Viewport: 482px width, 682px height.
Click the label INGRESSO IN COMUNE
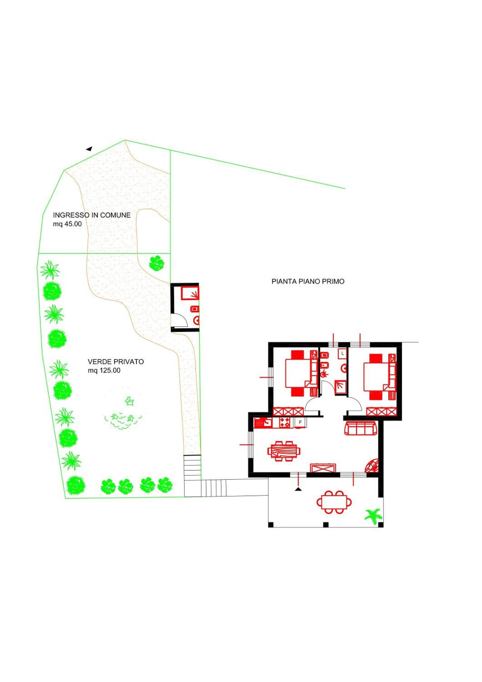point(92,215)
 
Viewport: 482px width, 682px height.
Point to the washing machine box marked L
point(343,354)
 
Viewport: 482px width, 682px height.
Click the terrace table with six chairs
point(334,502)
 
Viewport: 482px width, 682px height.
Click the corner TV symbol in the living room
point(372,466)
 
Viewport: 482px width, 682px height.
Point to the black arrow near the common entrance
point(89,148)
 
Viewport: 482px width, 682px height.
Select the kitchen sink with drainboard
point(263,423)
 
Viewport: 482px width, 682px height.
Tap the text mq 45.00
point(67,224)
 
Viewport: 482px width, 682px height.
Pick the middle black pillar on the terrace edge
point(326,525)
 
